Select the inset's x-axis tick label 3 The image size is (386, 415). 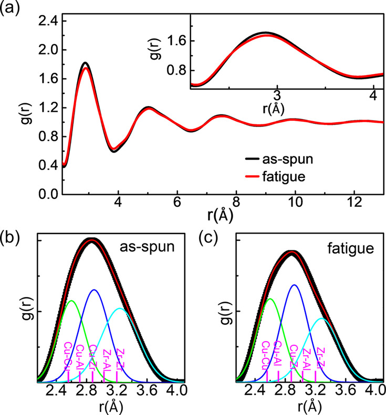coord(277,97)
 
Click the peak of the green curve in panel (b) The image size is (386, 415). coord(71,301)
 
